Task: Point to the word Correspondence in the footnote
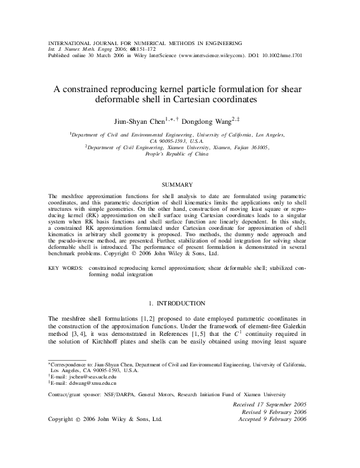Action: pyautogui.click(x=70, y=364)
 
